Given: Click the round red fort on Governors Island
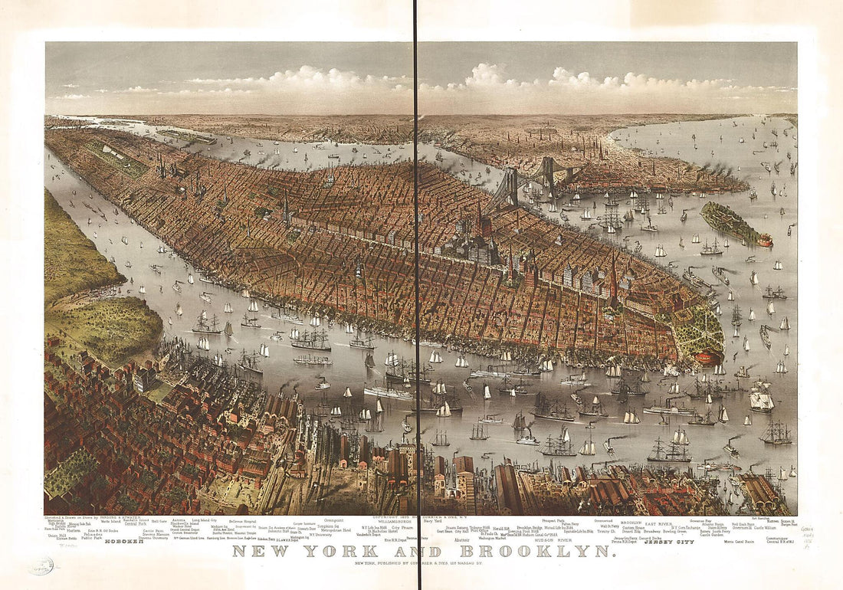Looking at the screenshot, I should pyautogui.click(x=765, y=241).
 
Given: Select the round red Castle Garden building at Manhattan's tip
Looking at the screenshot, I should pyautogui.click(x=710, y=356).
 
